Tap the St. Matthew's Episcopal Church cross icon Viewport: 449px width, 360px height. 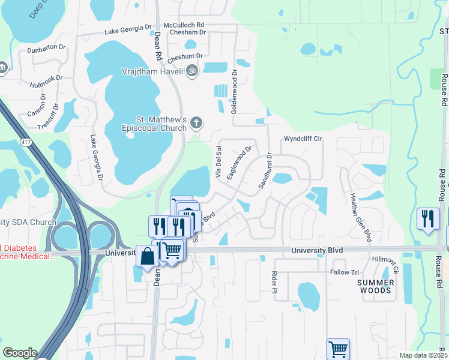196,124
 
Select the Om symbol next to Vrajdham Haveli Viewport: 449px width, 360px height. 192,71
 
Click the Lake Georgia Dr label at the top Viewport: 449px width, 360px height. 128,29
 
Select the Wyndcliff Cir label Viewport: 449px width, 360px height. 303,139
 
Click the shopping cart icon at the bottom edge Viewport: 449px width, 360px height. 338,349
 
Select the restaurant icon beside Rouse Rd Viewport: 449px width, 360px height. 427,218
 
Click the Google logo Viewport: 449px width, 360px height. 20,353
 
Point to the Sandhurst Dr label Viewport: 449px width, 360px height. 265,171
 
